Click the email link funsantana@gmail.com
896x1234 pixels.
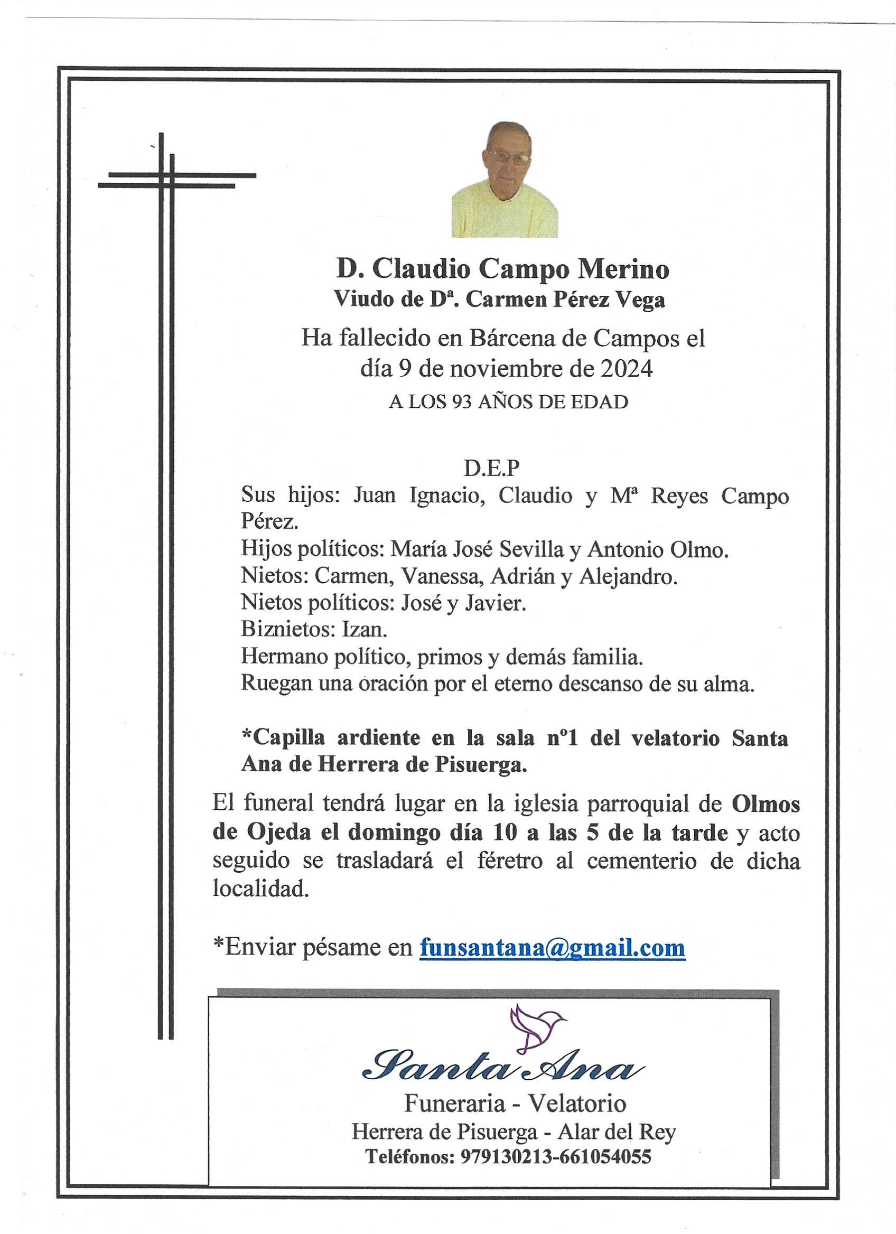coord(552,947)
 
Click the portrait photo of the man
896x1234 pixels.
coord(505,179)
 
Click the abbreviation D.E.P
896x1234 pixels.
coord(492,468)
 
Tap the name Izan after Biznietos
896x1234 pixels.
coord(364,630)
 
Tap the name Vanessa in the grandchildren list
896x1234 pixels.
coord(441,577)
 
